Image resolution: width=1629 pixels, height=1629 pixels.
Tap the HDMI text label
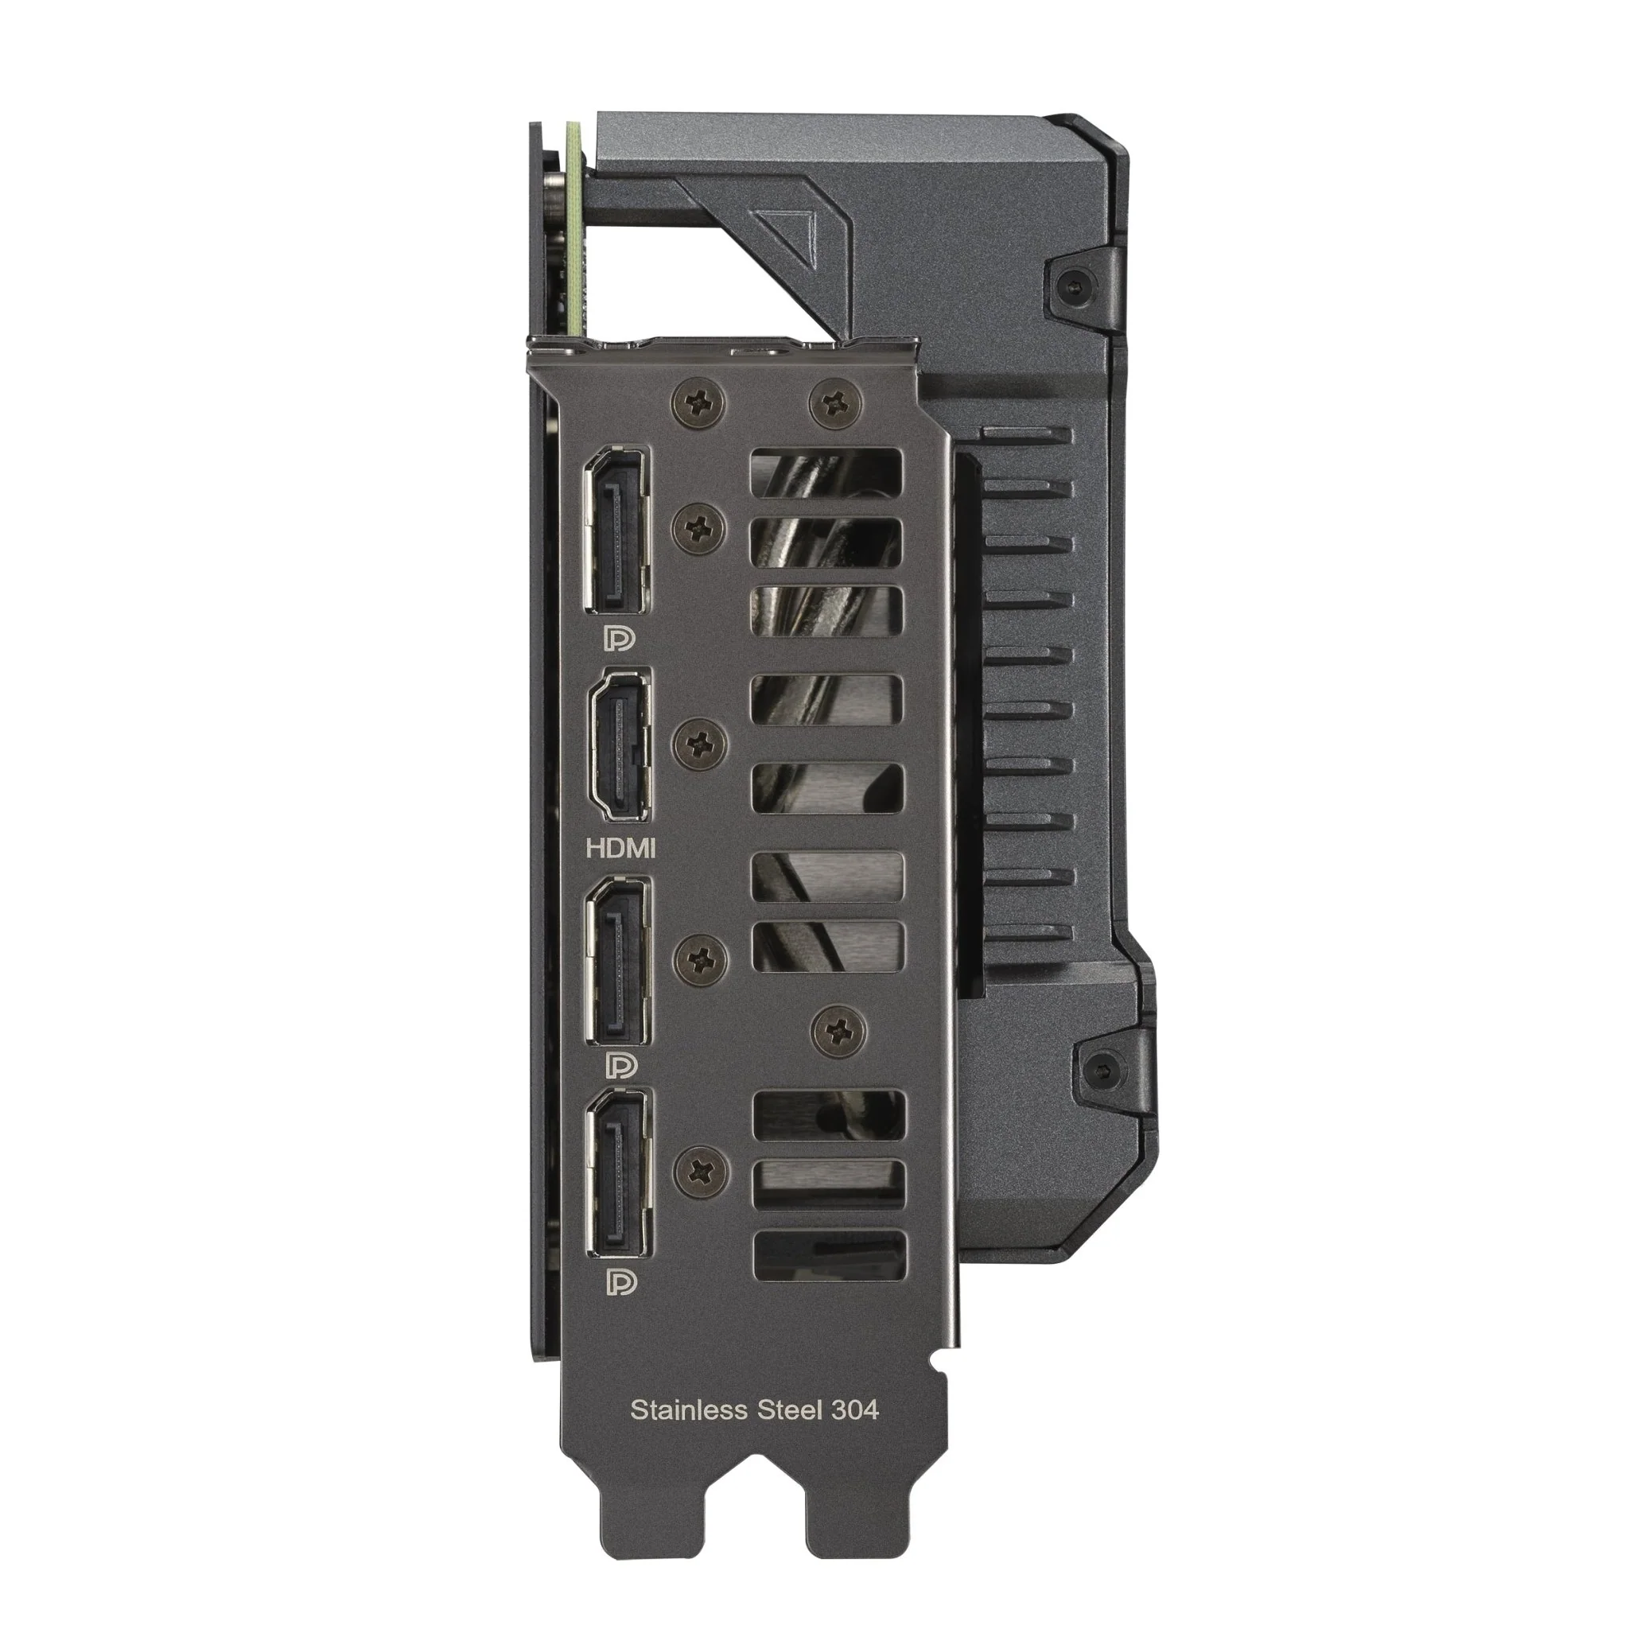point(620,849)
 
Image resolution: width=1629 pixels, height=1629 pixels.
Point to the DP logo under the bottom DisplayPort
point(620,1284)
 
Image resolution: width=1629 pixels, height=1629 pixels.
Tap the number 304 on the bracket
point(854,1409)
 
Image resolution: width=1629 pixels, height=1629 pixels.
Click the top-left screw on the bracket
point(699,402)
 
